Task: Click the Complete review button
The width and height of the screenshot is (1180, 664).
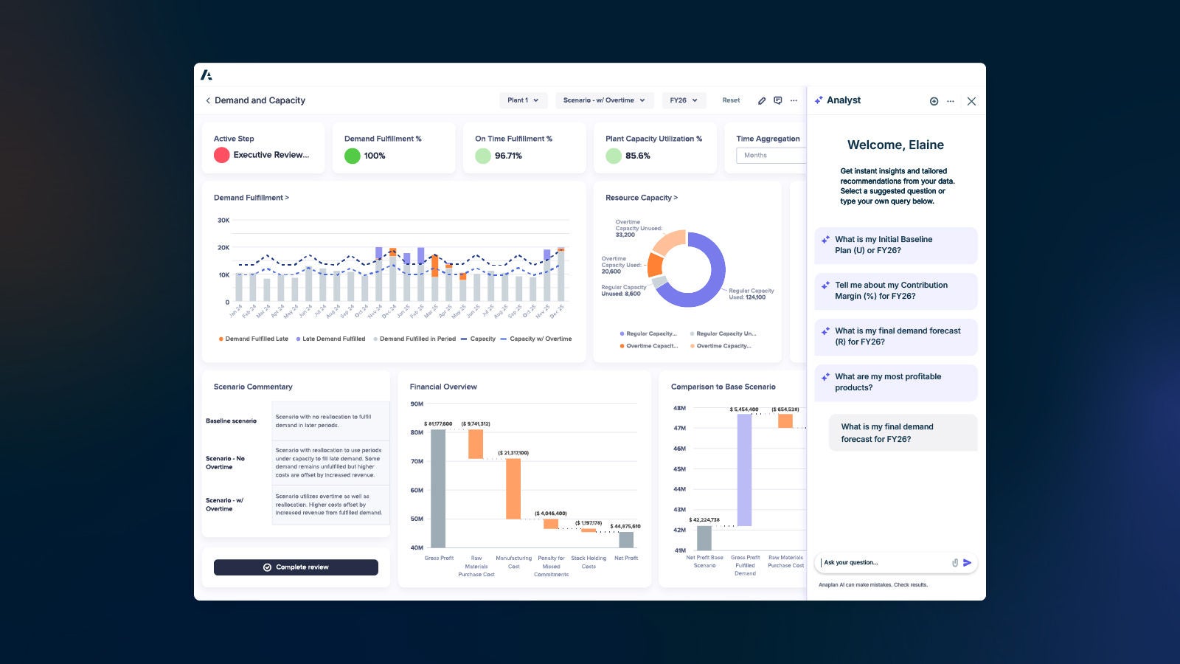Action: click(296, 567)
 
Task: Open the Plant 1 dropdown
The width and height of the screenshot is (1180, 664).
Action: click(523, 100)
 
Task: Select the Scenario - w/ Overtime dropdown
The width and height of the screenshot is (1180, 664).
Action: click(604, 100)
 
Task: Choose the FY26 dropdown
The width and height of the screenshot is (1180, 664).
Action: click(684, 100)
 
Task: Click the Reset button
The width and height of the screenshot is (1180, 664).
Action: click(731, 100)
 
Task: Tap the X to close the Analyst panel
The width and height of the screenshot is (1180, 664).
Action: click(971, 102)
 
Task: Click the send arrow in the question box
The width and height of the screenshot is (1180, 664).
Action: click(968, 563)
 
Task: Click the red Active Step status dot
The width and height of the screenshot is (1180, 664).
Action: click(221, 155)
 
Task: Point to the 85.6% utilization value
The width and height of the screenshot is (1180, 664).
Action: click(637, 156)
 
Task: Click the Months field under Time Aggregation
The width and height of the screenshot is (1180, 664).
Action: click(769, 156)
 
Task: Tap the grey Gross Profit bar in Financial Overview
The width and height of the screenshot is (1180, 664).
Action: click(438, 488)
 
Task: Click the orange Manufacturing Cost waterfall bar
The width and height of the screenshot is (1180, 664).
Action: click(513, 488)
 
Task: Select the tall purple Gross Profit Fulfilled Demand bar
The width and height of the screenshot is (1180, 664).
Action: click(744, 470)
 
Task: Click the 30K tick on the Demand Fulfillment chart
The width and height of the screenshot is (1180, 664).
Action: click(223, 221)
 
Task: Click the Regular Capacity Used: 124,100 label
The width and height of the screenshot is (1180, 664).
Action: click(751, 294)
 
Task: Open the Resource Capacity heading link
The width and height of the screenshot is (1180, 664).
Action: click(641, 198)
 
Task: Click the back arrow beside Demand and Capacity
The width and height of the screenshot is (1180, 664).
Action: click(208, 100)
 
